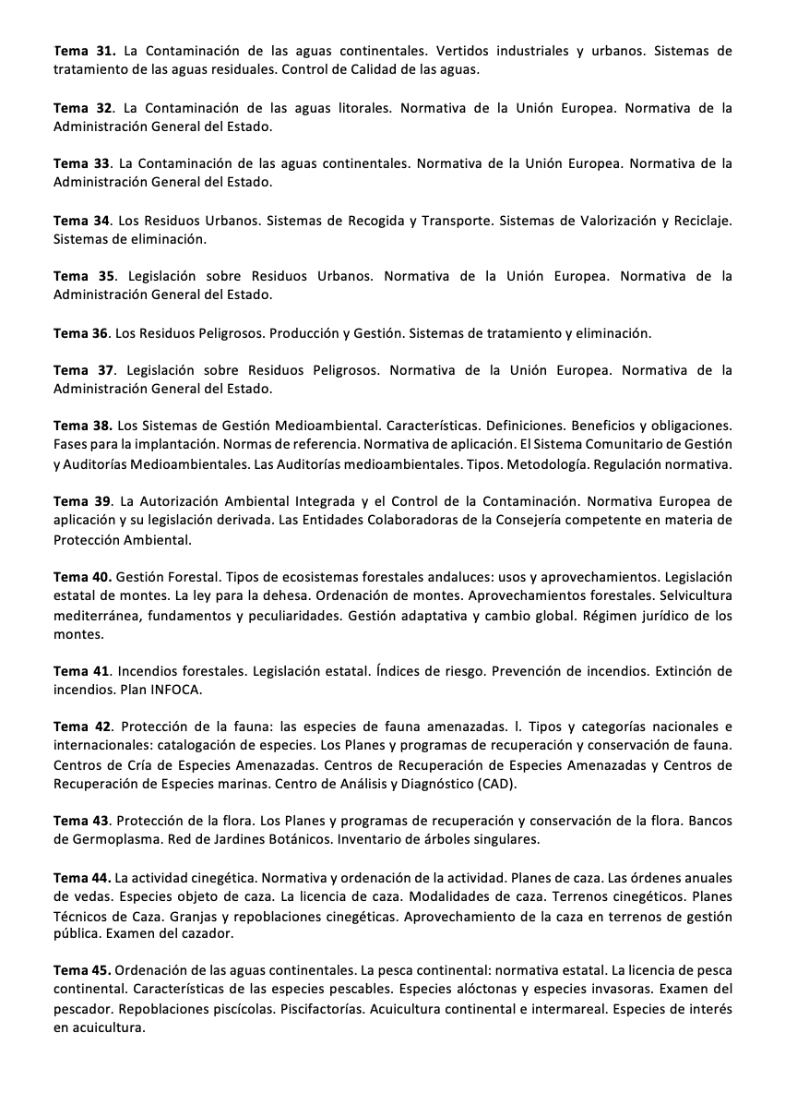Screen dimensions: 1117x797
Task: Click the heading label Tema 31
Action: tap(84, 52)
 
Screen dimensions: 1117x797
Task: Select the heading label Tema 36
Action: tap(81, 333)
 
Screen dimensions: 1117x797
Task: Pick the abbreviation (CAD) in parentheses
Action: tap(497, 784)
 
